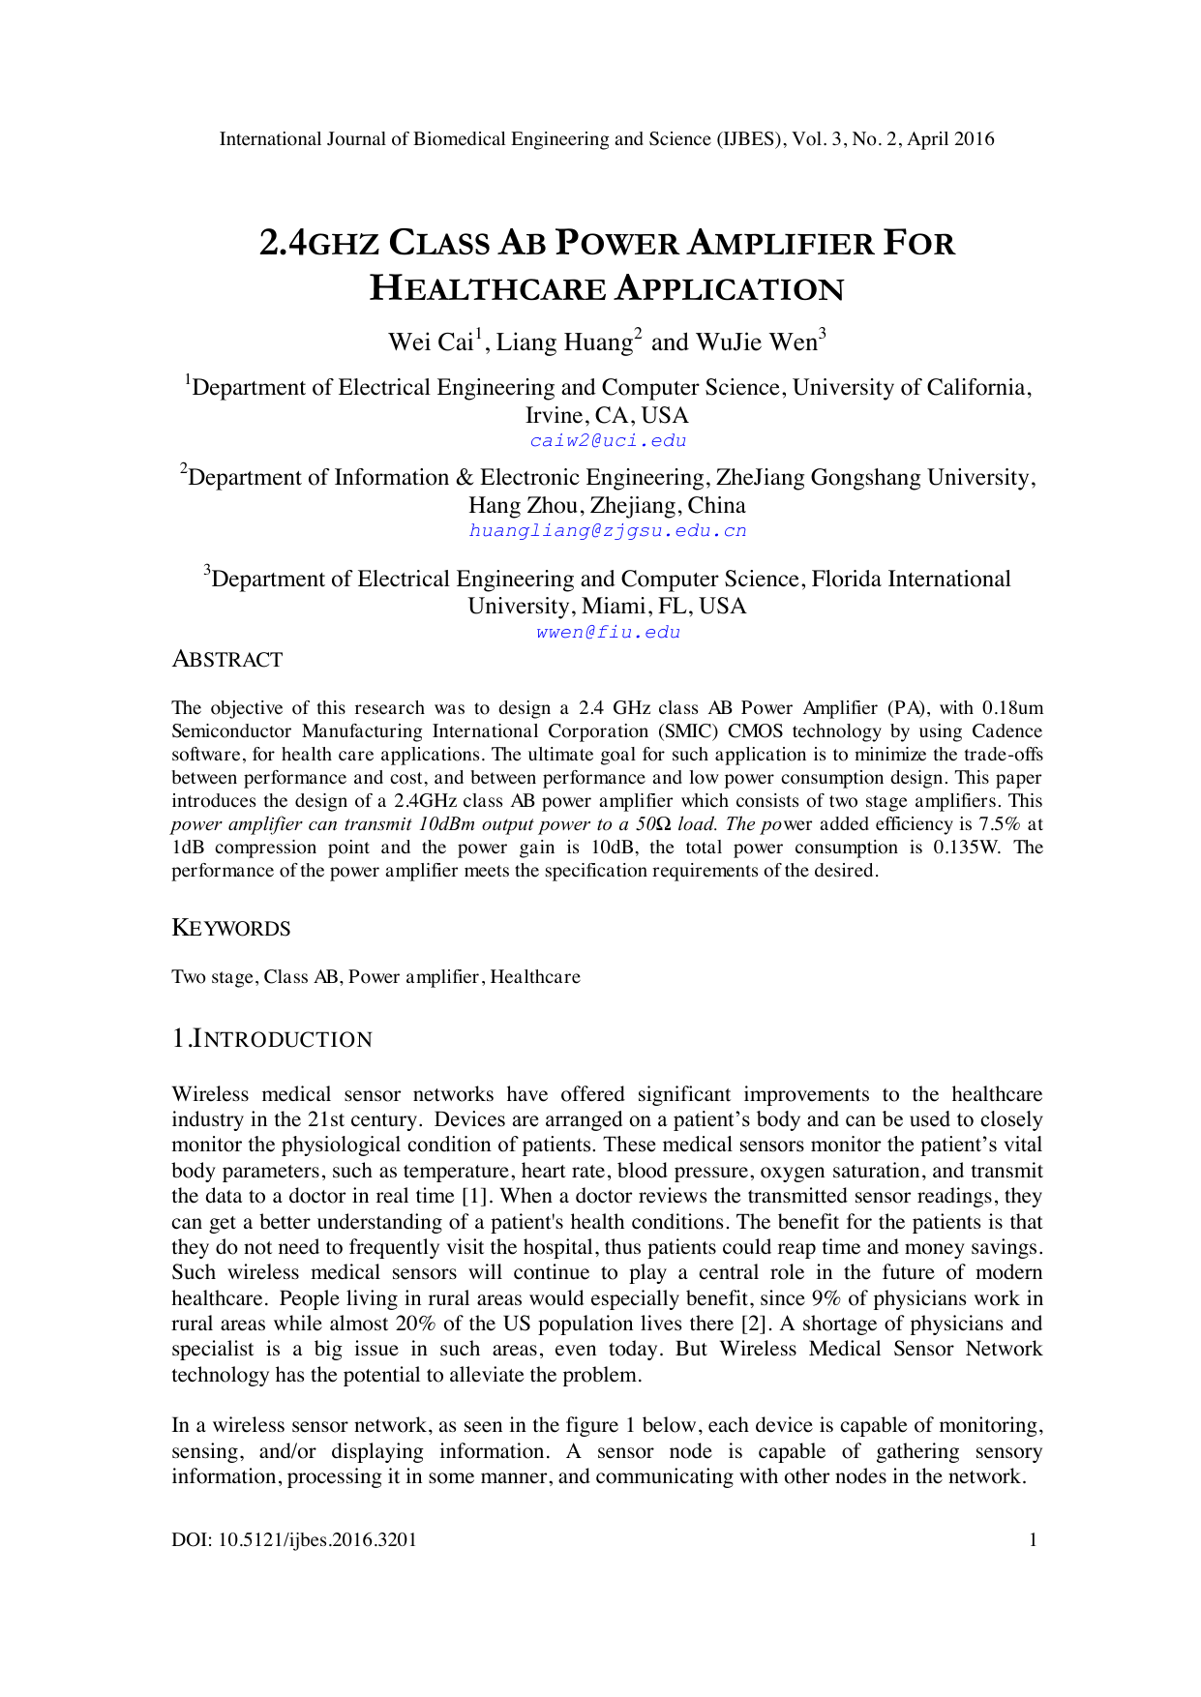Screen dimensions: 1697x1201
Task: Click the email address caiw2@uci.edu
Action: tap(608, 441)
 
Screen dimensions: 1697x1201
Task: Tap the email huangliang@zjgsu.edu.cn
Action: tap(608, 531)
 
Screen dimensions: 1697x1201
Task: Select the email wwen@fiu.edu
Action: tap(608, 633)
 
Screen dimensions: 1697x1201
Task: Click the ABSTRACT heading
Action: tap(227, 660)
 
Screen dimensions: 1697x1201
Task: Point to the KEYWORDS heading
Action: tap(231, 929)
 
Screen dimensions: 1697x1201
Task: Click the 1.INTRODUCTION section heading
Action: tap(272, 1039)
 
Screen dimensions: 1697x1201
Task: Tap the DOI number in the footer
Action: tap(294, 1540)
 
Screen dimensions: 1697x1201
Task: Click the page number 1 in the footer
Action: tap(1033, 1540)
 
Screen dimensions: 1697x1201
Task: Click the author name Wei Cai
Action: tap(431, 342)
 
